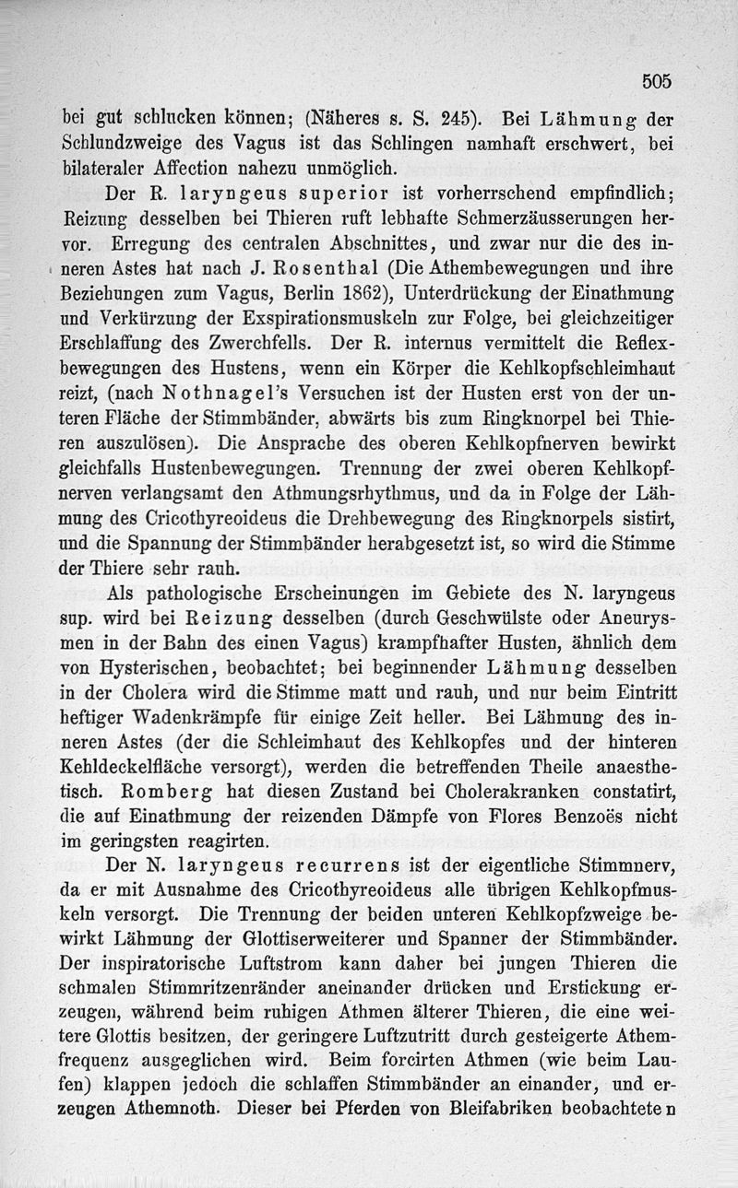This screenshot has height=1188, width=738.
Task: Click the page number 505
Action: [656, 82]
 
